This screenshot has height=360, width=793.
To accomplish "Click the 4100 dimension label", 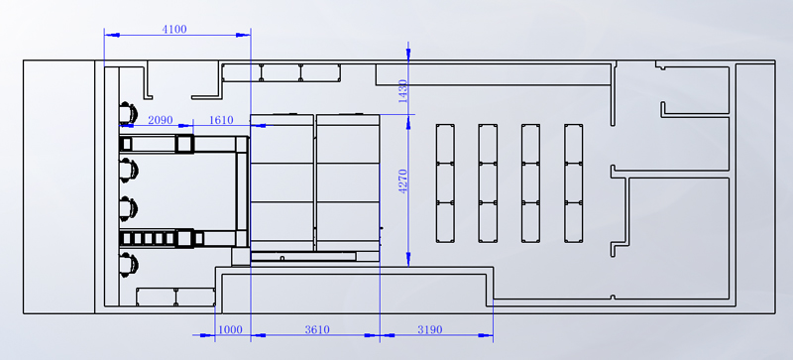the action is click(174, 30).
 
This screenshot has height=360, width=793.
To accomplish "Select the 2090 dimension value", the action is click(161, 121).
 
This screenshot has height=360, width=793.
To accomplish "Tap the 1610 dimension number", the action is click(221, 121).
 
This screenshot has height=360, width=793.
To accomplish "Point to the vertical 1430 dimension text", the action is click(403, 91).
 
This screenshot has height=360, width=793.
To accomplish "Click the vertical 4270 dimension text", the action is click(403, 181).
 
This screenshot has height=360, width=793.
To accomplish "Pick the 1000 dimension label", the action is click(230, 330).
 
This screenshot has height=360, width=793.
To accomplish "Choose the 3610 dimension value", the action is click(317, 330).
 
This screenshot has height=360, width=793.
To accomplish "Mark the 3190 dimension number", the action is click(430, 330).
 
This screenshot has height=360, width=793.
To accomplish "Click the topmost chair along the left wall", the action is click(128, 112).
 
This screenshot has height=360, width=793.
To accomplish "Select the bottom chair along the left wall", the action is click(128, 265).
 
